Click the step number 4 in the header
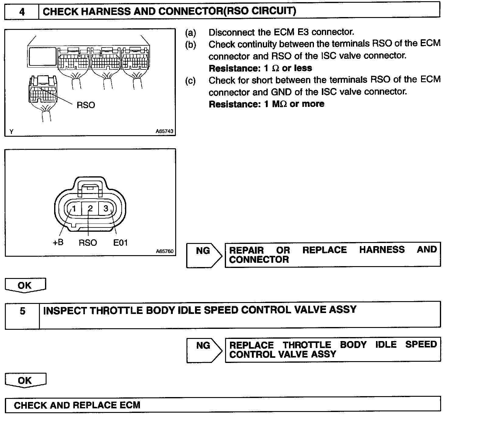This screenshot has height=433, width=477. coord(22,12)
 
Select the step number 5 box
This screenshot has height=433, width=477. coord(23,311)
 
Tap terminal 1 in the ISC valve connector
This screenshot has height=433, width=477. coord(74,209)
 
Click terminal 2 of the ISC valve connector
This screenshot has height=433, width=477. coord(90,209)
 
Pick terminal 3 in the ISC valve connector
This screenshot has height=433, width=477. coord(106,209)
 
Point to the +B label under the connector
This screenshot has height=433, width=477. coord(58,242)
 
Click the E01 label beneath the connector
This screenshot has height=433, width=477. coord(120,243)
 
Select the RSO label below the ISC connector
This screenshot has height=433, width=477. coord(88,243)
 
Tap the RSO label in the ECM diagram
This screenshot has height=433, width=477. coord(86,105)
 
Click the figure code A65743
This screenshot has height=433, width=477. coord(164,131)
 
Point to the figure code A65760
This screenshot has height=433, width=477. coord(165,251)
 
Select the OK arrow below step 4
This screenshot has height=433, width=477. coord(25,285)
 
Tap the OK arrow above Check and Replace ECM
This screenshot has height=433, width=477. coord(25,380)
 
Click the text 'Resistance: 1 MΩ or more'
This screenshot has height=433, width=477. coord(266,104)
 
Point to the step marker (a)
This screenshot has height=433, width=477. coord(191,33)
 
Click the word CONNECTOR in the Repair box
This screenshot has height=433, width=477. coord(259,259)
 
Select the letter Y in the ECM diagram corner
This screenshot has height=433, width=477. coord(11,132)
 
